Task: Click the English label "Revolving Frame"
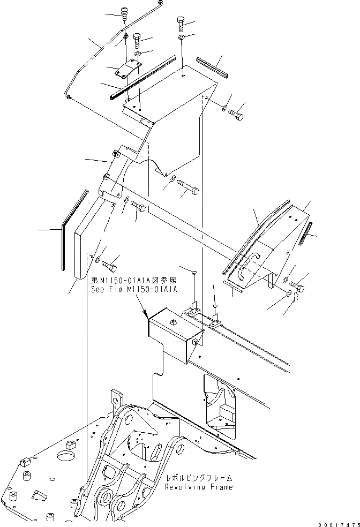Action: pyautogui.click(x=199, y=487)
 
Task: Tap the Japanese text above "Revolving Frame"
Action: pyautogui.click(x=199, y=478)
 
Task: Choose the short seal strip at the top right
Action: pyautogui.click(x=214, y=66)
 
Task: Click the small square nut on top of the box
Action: pyautogui.click(x=173, y=322)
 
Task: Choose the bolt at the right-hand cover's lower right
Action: pyautogui.click(x=297, y=287)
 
